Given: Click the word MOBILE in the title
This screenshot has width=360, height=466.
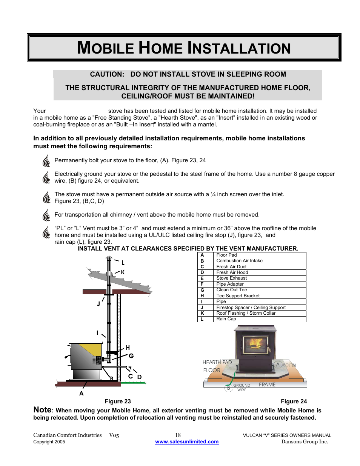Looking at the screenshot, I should point(105,48).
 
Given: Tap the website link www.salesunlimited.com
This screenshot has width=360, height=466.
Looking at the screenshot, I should point(187,442).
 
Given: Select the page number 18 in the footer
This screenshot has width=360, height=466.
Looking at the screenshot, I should point(178,435).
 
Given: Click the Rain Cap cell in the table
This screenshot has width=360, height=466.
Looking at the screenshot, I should point(226,319).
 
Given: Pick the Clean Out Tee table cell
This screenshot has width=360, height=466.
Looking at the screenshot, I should point(231,290).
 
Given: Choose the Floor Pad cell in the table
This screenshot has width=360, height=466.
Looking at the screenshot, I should point(226,255).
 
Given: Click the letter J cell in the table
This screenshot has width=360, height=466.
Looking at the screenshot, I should point(202,308).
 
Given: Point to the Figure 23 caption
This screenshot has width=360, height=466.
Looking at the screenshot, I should point(118,401).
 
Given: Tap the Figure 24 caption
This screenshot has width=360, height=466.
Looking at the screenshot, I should point(294,401).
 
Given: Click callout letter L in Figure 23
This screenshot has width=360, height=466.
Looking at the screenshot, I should point(123,263).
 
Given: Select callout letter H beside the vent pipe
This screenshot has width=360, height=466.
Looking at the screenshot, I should point(128,348).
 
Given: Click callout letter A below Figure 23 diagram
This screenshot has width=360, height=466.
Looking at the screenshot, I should point(81,393).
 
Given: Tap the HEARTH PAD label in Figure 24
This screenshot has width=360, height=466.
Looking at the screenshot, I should point(217,362).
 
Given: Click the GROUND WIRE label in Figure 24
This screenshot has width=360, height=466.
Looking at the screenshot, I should point(242,388).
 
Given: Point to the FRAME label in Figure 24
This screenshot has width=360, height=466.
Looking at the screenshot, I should point(267,384).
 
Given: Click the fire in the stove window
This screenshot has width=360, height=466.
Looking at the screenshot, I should point(255,344).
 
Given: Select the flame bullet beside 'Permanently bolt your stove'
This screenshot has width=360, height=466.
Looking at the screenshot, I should point(46,161).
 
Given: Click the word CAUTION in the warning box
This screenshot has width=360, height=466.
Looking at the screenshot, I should point(107,74).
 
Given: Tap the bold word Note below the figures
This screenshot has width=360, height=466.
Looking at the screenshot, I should point(42,410).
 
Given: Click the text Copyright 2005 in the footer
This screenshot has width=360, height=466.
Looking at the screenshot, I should point(49,442).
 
